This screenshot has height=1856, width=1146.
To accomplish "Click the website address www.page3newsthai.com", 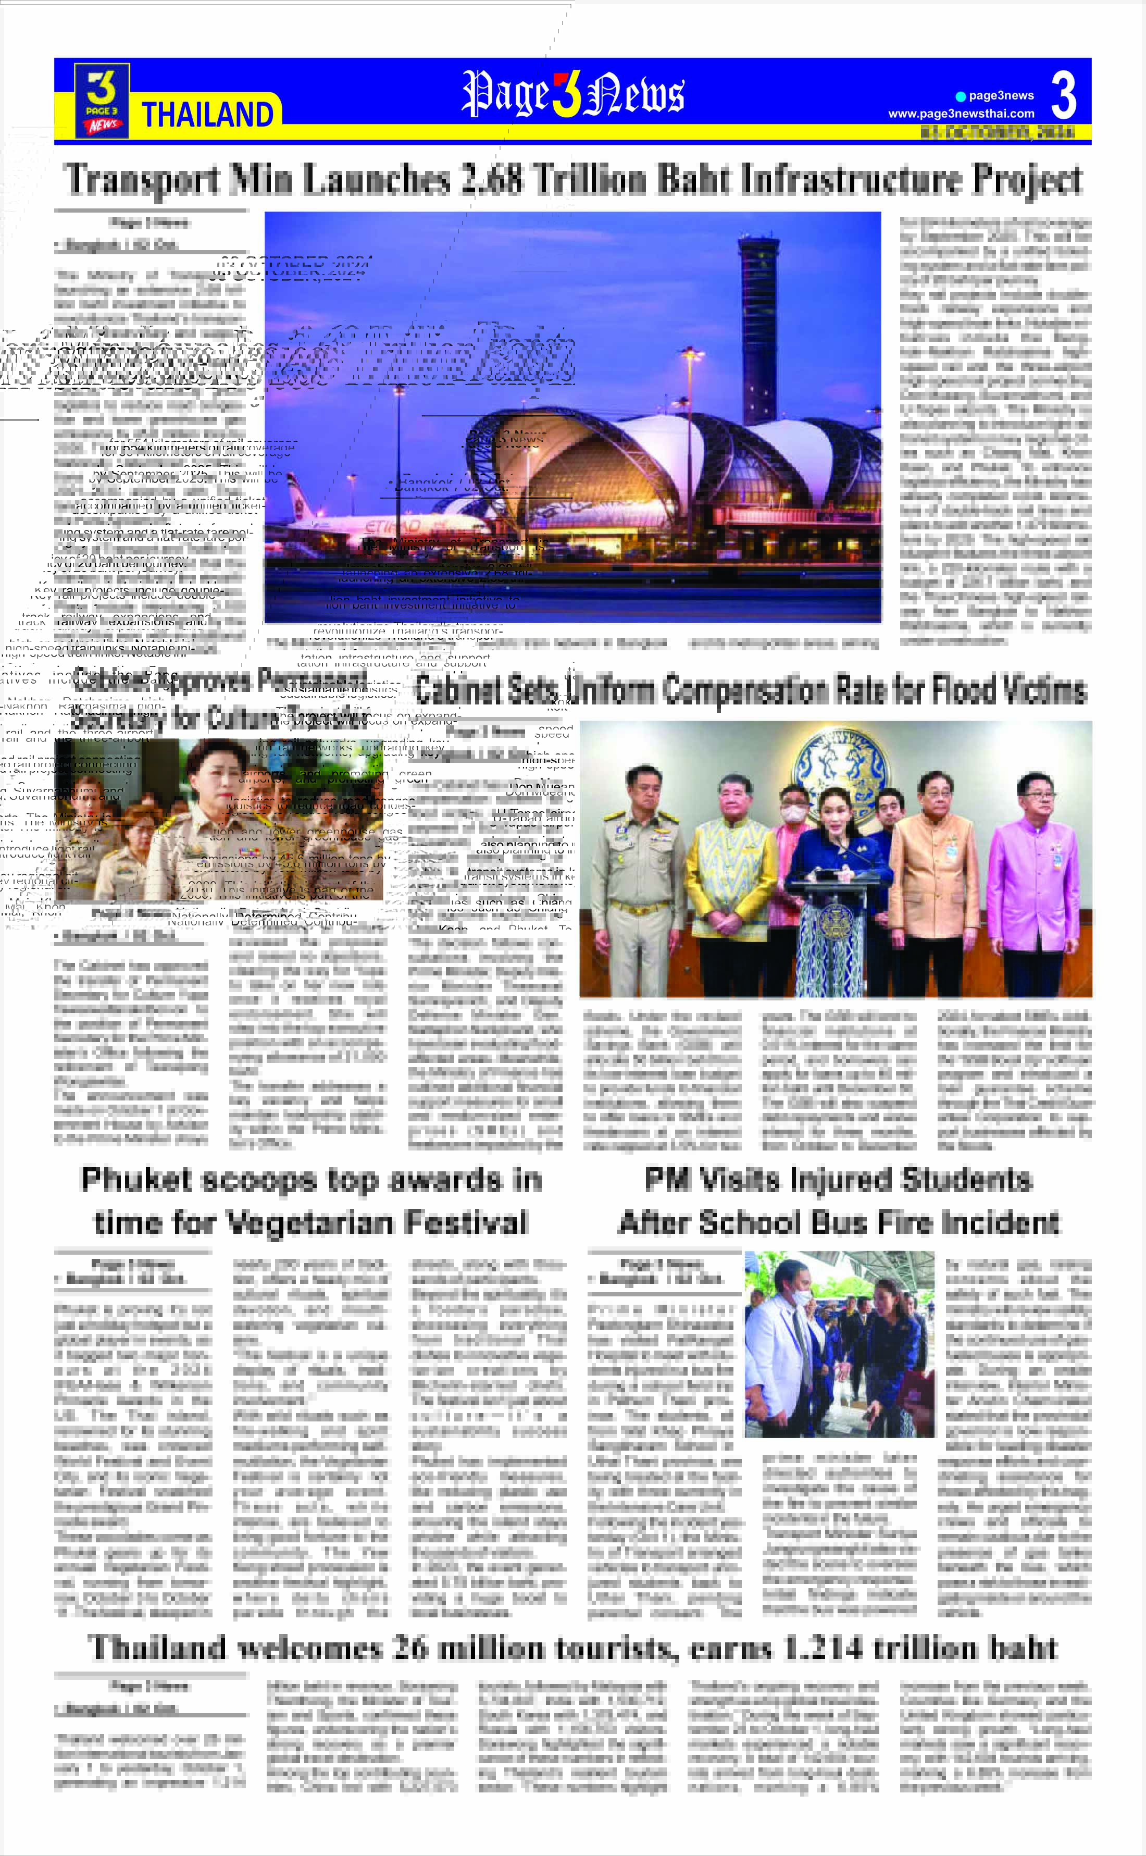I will (961, 114).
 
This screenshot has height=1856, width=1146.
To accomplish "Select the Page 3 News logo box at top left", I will (102, 101).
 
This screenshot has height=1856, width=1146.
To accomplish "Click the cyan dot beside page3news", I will (961, 96).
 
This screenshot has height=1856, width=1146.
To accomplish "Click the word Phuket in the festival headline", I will (133, 1181).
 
